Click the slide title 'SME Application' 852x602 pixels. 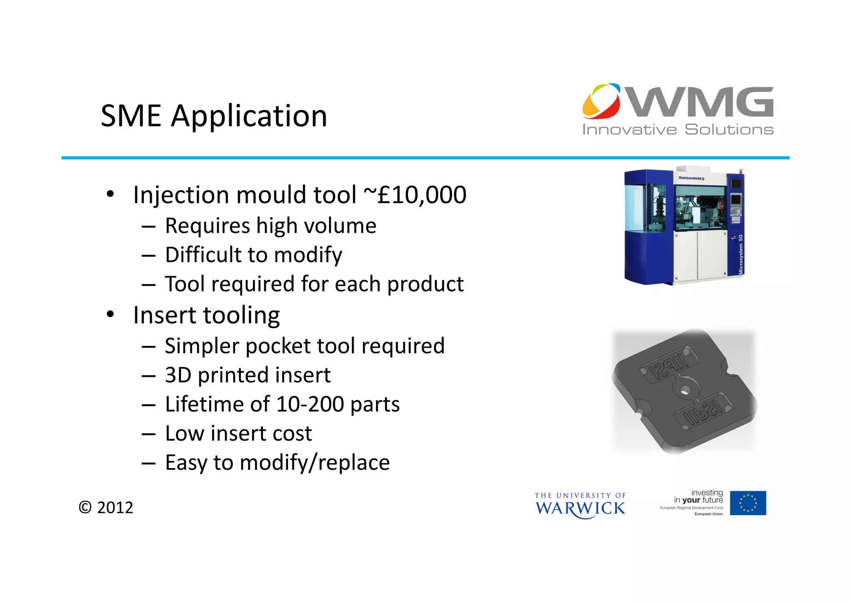click(214, 116)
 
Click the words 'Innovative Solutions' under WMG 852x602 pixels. click(678, 130)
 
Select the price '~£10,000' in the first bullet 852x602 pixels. click(415, 195)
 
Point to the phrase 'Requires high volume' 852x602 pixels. click(270, 226)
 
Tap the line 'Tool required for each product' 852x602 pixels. click(314, 284)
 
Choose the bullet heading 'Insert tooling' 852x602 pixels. click(206, 315)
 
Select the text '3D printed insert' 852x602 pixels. click(248, 375)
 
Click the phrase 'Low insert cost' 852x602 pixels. click(238, 434)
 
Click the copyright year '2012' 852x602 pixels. click(115, 508)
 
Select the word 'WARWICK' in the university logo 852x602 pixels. click(580, 508)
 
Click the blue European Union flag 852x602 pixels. click(748, 503)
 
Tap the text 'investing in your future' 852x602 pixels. click(699, 496)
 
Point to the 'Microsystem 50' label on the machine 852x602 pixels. click(741, 254)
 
